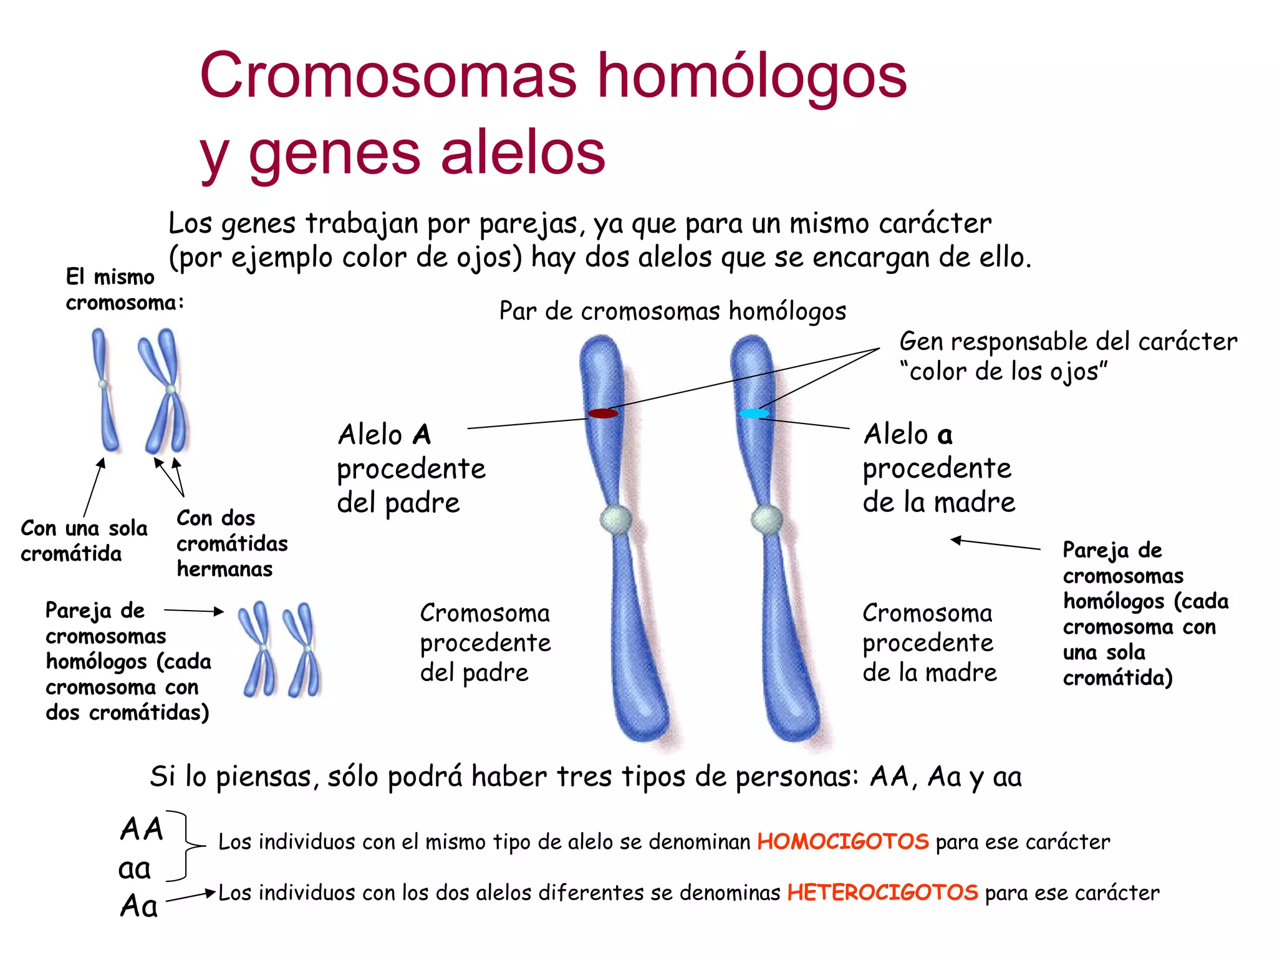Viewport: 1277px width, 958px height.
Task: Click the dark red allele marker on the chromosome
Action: tap(603, 413)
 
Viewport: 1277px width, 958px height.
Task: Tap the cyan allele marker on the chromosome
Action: tap(754, 413)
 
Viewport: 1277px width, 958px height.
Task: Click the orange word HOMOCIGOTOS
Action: tap(842, 841)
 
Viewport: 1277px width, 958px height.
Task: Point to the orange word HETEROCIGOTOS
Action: tap(882, 893)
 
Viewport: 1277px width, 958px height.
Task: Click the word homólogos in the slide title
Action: tap(751, 76)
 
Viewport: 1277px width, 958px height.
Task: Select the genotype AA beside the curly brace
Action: tap(142, 829)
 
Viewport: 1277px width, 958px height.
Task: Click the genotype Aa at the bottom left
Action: tap(138, 906)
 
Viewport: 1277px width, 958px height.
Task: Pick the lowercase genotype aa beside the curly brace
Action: tap(135, 868)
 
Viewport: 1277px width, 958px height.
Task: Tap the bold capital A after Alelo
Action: tap(422, 435)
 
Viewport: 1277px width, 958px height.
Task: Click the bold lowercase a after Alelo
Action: tap(945, 435)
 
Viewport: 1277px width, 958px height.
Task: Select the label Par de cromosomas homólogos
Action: tap(672, 311)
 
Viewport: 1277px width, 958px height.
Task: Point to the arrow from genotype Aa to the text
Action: tap(190, 896)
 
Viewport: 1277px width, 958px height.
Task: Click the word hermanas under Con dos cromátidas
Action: tap(224, 569)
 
